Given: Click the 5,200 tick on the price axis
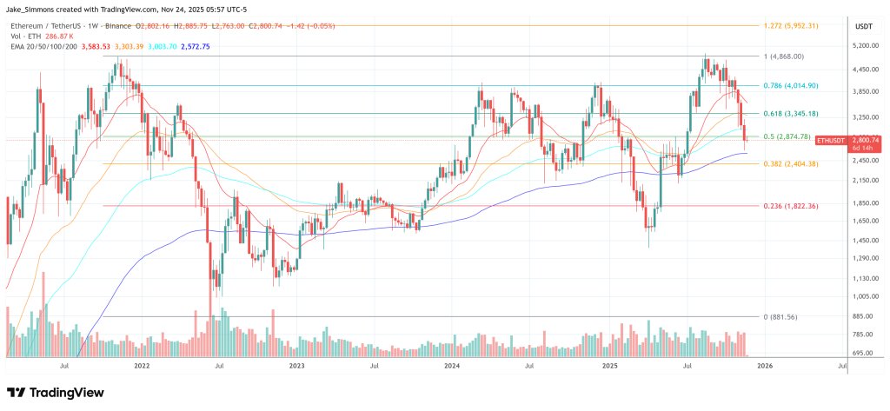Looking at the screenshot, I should [x=861, y=46].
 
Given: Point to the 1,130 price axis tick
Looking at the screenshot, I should [x=861, y=279].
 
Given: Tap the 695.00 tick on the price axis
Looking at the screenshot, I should [x=861, y=355].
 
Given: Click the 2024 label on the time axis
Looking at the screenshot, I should [x=451, y=368].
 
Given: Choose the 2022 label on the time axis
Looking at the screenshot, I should [x=143, y=368].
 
